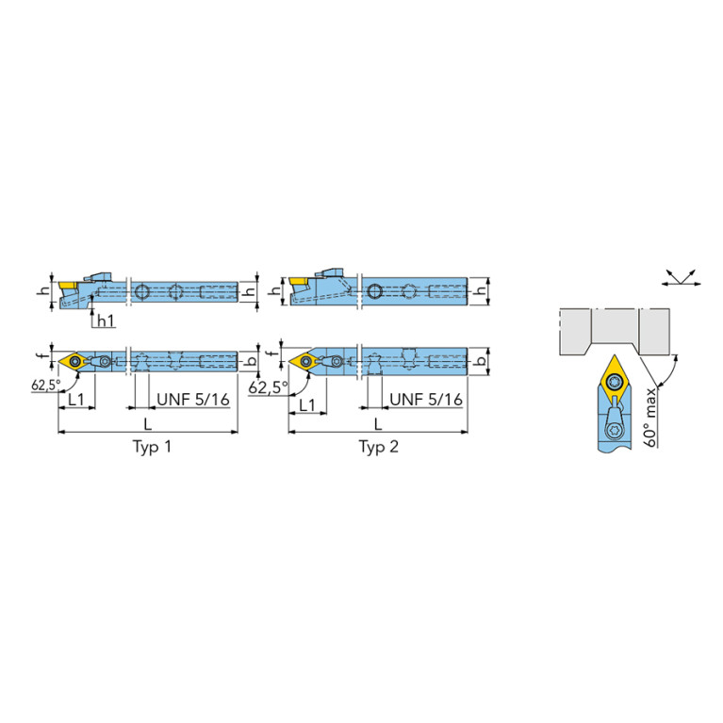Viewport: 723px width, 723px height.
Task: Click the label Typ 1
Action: click(x=152, y=446)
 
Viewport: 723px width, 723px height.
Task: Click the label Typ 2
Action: click(x=379, y=446)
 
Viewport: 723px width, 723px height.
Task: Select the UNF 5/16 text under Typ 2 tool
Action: click(x=425, y=400)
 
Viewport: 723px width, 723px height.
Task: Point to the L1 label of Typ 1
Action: click(x=78, y=400)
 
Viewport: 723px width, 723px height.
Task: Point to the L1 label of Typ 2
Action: click(x=306, y=404)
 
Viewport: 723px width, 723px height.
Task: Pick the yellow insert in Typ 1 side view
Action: click(x=68, y=283)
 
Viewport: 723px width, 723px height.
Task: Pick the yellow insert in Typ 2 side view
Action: click(x=299, y=282)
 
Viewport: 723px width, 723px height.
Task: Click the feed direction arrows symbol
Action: click(x=682, y=275)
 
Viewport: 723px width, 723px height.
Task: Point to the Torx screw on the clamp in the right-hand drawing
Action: click(x=615, y=431)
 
